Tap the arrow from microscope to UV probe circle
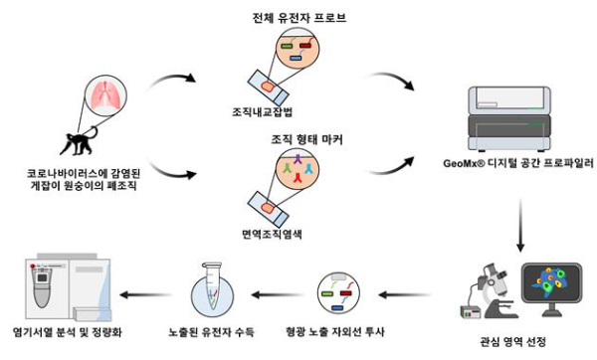[x=403, y=293]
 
